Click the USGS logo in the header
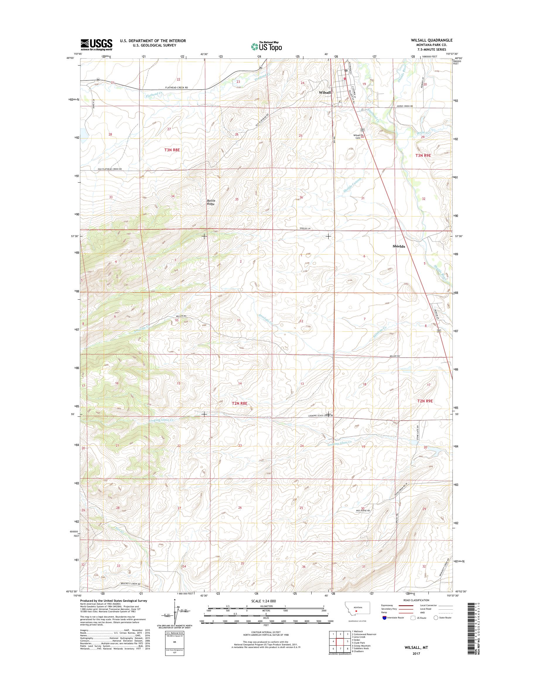click(96, 44)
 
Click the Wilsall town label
click(324, 93)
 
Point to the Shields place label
click(399, 246)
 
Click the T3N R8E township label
click(172, 150)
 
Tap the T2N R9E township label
click(425, 401)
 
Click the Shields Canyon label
click(352, 187)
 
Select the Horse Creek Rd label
click(405, 106)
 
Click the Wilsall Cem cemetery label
click(357, 136)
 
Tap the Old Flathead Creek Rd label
click(109, 169)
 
